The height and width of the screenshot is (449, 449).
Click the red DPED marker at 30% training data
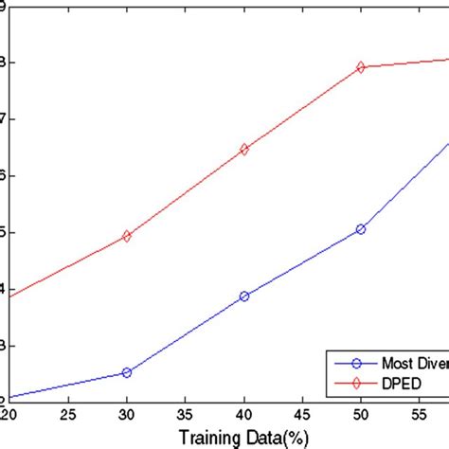tap(127, 236)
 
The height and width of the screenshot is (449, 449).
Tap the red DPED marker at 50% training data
tap(361, 67)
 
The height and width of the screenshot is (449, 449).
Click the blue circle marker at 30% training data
tap(127, 372)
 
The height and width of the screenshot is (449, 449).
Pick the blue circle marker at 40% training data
tap(244, 296)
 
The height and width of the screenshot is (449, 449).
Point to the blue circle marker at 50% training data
tap(361, 229)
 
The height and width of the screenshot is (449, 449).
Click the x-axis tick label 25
tap(68, 414)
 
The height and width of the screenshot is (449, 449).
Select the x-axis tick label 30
tap(127, 414)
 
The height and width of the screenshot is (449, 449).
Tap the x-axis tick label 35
tap(186, 414)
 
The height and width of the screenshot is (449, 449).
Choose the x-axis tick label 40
tap(244, 414)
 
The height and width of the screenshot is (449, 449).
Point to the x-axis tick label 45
tap(303, 414)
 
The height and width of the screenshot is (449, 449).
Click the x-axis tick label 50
tap(361, 414)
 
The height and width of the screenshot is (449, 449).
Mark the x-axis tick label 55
tap(420, 414)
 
